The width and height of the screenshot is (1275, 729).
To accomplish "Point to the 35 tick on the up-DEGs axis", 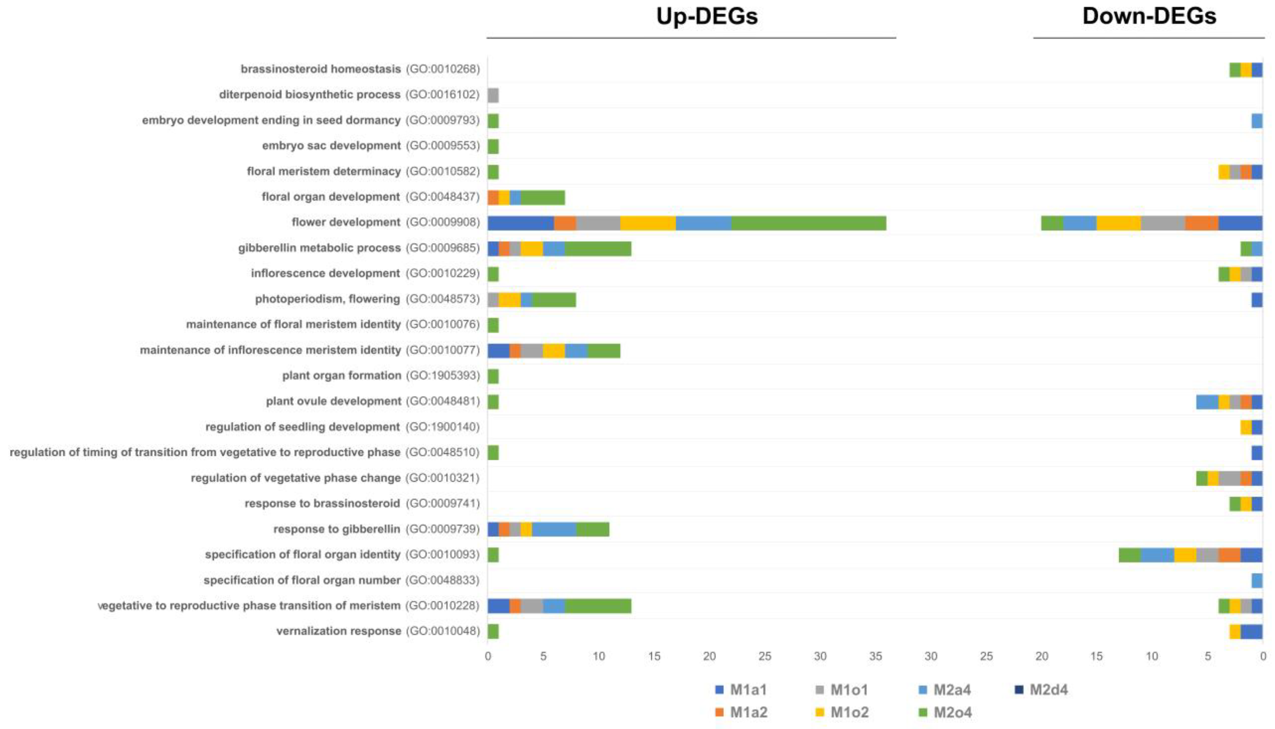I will pyautogui.click(x=875, y=656).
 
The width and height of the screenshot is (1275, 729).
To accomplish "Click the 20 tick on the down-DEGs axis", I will pyautogui.click(x=1041, y=656).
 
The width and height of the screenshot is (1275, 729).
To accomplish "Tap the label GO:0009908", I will pyautogui.click(x=443, y=222).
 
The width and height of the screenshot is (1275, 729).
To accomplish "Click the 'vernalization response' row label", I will pyautogui.click(x=338, y=631).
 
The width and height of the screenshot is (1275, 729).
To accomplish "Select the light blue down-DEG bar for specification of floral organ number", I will pyautogui.click(x=1256, y=580).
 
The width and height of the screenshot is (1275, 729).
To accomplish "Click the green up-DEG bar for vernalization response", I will pyautogui.click(x=493, y=631).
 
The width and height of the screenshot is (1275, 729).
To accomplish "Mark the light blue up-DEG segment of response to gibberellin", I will pyautogui.click(x=554, y=529).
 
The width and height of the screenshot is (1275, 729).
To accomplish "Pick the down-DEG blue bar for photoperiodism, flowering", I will pyautogui.click(x=1256, y=299).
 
